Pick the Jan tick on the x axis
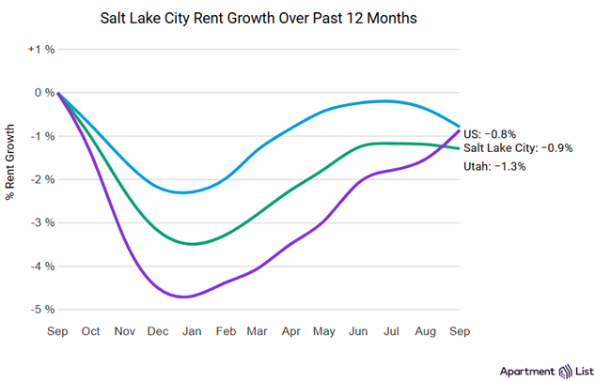(x=192, y=331)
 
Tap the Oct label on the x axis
(x=92, y=331)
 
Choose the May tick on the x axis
(x=325, y=331)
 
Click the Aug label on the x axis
(x=426, y=331)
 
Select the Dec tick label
(x=159, y=331)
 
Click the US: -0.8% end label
(x=491, y=133)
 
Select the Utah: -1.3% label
(x=494, y=166)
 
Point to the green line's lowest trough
(x=192, y=243)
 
